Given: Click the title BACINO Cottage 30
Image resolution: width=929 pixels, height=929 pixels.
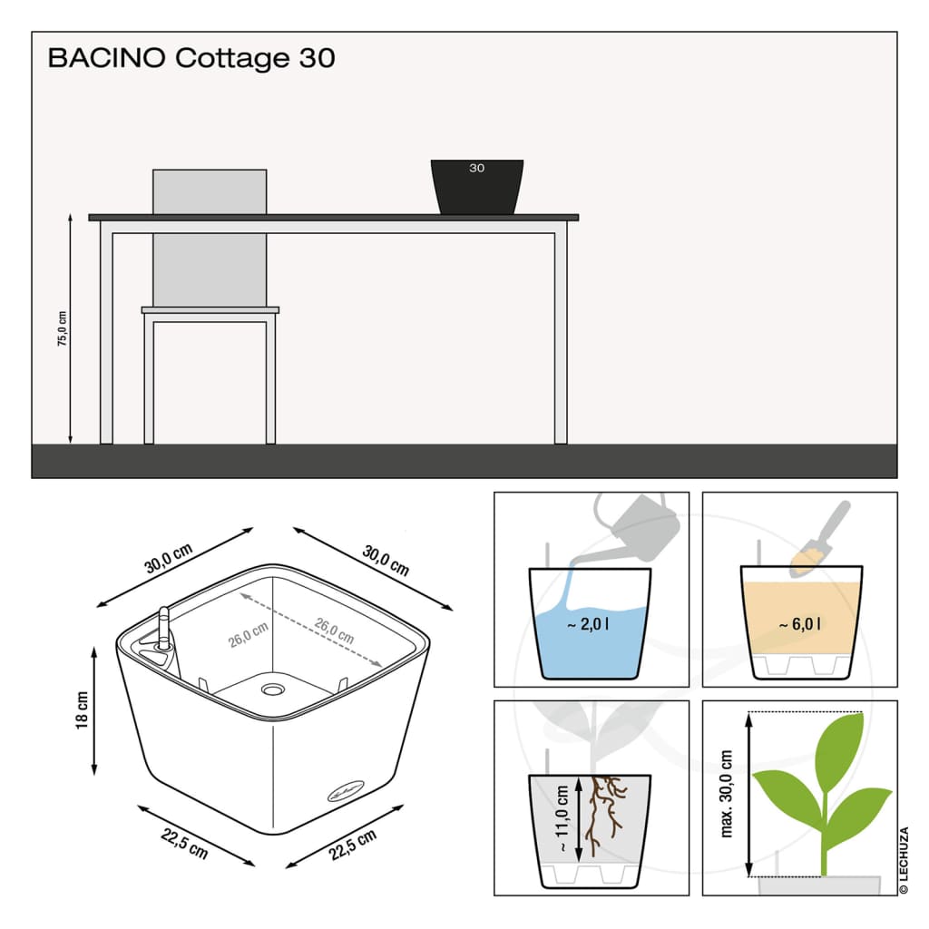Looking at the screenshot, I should [x=191, y=58].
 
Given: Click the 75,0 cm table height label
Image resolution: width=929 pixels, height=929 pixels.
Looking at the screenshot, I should [x=62, y=328].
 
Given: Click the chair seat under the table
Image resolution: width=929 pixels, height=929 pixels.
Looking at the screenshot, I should [x=210, y=309].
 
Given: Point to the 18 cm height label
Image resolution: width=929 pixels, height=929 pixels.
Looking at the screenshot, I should [x=83, y=709].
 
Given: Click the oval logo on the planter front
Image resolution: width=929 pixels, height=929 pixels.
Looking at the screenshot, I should [x=347, y=791].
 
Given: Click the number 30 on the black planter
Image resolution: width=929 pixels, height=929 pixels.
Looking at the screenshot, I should [x=477, y=168].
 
